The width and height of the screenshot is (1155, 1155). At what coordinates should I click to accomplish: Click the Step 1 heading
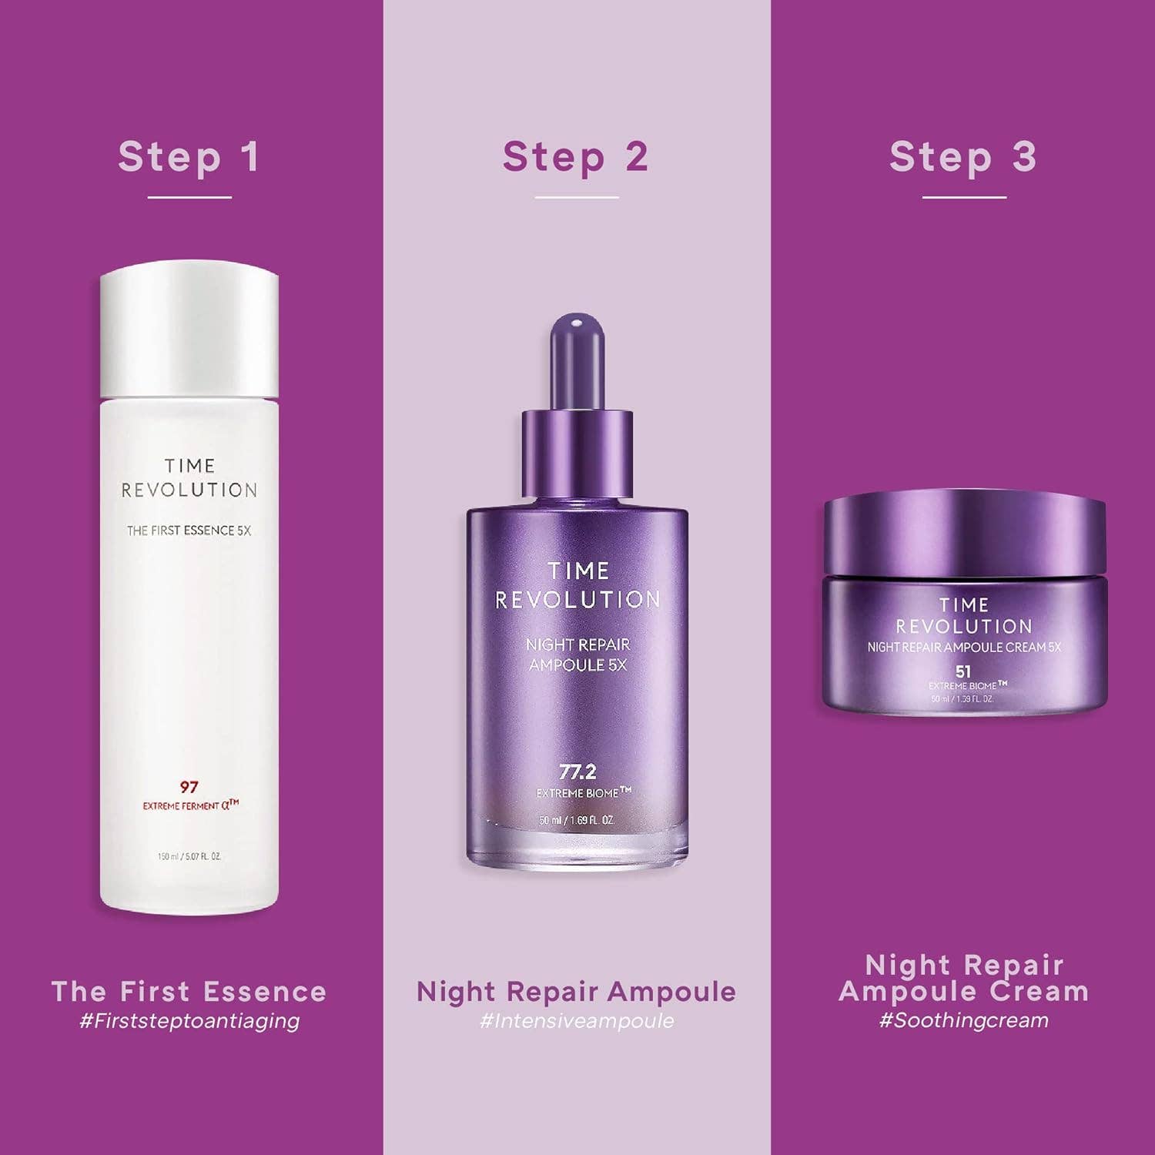click(x=189, y=157)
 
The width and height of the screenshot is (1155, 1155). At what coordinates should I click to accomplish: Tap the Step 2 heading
click(x=576, y=157)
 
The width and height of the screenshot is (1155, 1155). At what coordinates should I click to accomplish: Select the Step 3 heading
click(x=963, y=157)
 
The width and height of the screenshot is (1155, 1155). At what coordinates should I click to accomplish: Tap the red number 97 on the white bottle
click(x=189, y=787)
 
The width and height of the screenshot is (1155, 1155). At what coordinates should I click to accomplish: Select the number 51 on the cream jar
click(x=963, y=671)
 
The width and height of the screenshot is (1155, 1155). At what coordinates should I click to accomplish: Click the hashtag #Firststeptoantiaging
click(x=189, y=1021)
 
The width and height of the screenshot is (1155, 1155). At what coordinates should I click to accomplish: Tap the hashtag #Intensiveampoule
click(x=576, y=1021)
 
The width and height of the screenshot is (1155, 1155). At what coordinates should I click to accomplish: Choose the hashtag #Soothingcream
click(x=963, y=1021)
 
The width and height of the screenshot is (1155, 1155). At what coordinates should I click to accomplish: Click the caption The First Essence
click(x=189, y=992)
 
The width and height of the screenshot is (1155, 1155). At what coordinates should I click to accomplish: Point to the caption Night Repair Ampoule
click(x=576, y=992)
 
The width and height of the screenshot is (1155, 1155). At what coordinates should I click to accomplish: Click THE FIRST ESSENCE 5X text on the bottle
click(x=189, y=531)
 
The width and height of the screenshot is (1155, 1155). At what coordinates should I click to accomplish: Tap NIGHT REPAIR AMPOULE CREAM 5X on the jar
click(x=964, y=648)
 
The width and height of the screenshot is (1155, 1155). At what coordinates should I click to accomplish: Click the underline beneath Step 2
click(x=577, y=198)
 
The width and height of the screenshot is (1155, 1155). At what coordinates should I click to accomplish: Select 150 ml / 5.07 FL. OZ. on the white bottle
click(x=189, y=856)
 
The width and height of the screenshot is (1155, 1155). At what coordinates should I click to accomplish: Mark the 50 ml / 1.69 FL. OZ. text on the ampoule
click(x=577, y=821)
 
